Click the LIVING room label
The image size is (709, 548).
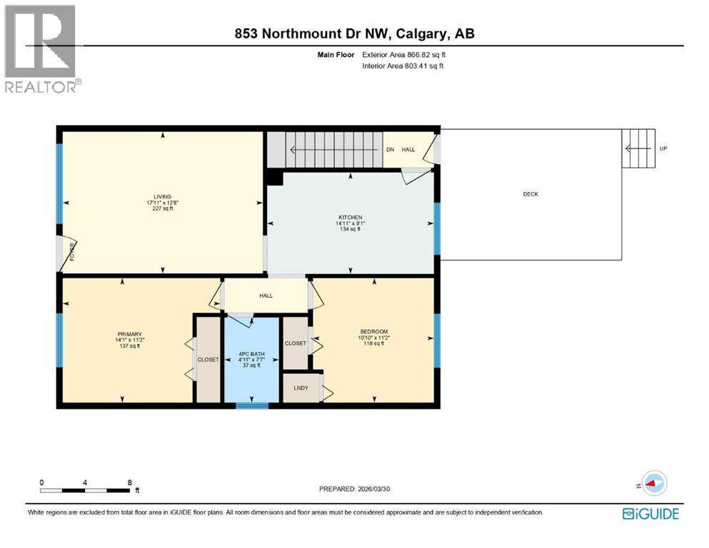point(161,196)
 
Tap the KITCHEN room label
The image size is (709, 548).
point(350,217)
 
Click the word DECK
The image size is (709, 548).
point(530,194)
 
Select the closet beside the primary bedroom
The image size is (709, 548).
point(208,360)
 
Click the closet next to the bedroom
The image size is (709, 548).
point(295,343)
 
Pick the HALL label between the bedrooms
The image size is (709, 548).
point(266,295)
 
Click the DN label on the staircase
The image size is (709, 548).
point(390,149)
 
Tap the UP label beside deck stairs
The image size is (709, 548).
point(663,148)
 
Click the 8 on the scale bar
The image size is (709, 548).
point(129,482)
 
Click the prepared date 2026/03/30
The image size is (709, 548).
point(403,489)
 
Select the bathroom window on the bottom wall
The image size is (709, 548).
point(253,405)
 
